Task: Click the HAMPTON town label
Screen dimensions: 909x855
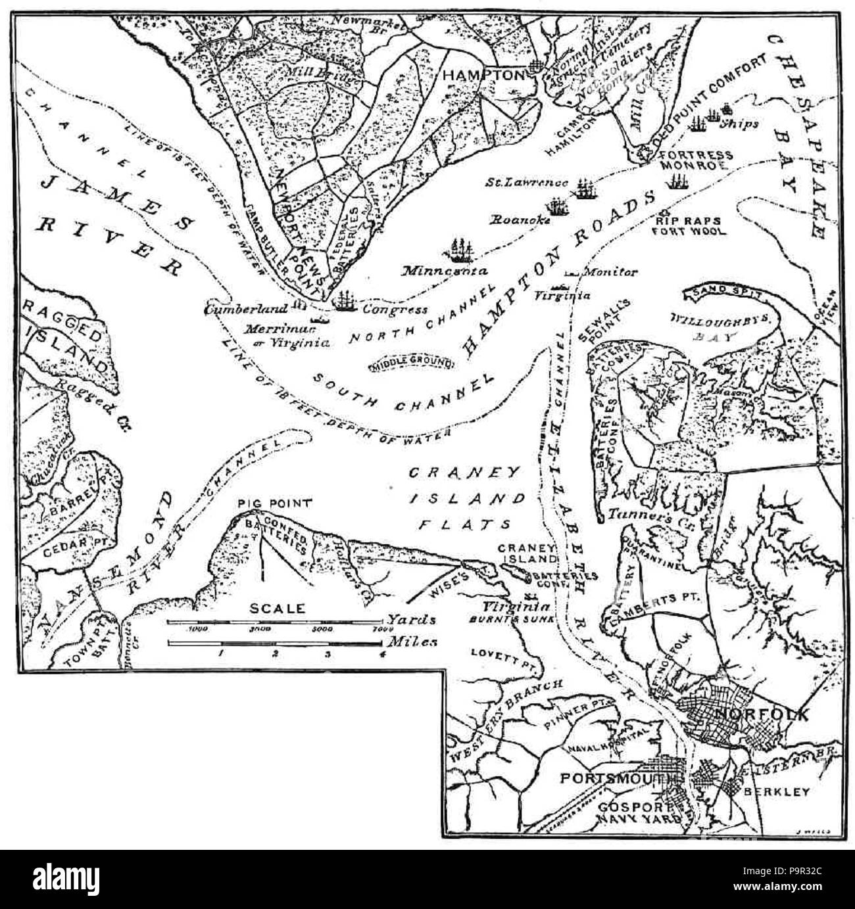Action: click(486, 75)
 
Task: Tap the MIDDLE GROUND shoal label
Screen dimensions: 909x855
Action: click(412, 361)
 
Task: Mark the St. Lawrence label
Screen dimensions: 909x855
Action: click(527, 182)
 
